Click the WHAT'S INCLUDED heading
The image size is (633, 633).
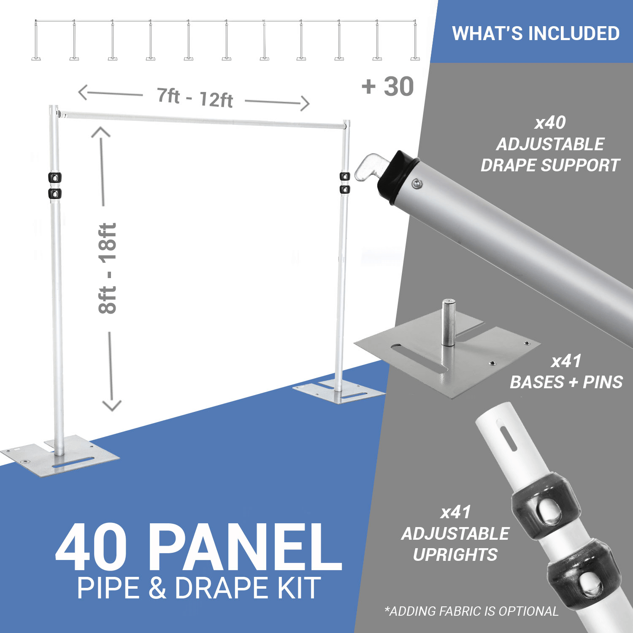coord(536,33)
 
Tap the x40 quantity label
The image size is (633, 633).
coord(550,123)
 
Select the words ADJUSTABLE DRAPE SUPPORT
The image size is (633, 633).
coord(550,154)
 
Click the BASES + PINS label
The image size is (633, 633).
coord(566,382)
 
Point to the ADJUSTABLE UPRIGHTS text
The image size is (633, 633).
coord(455,544)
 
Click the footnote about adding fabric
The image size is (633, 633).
coord(471,611)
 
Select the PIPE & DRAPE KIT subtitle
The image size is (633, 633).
coord(199,588)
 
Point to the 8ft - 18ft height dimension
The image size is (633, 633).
coord(107,268)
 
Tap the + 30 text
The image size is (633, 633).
coord(388,87)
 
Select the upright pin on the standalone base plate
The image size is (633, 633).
coord(448,322)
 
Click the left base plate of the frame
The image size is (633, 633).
coord(60,456)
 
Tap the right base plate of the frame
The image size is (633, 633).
coord(339,392)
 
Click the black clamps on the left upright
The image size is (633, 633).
coord(55,186)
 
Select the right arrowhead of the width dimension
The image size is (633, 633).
coord(305,103)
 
